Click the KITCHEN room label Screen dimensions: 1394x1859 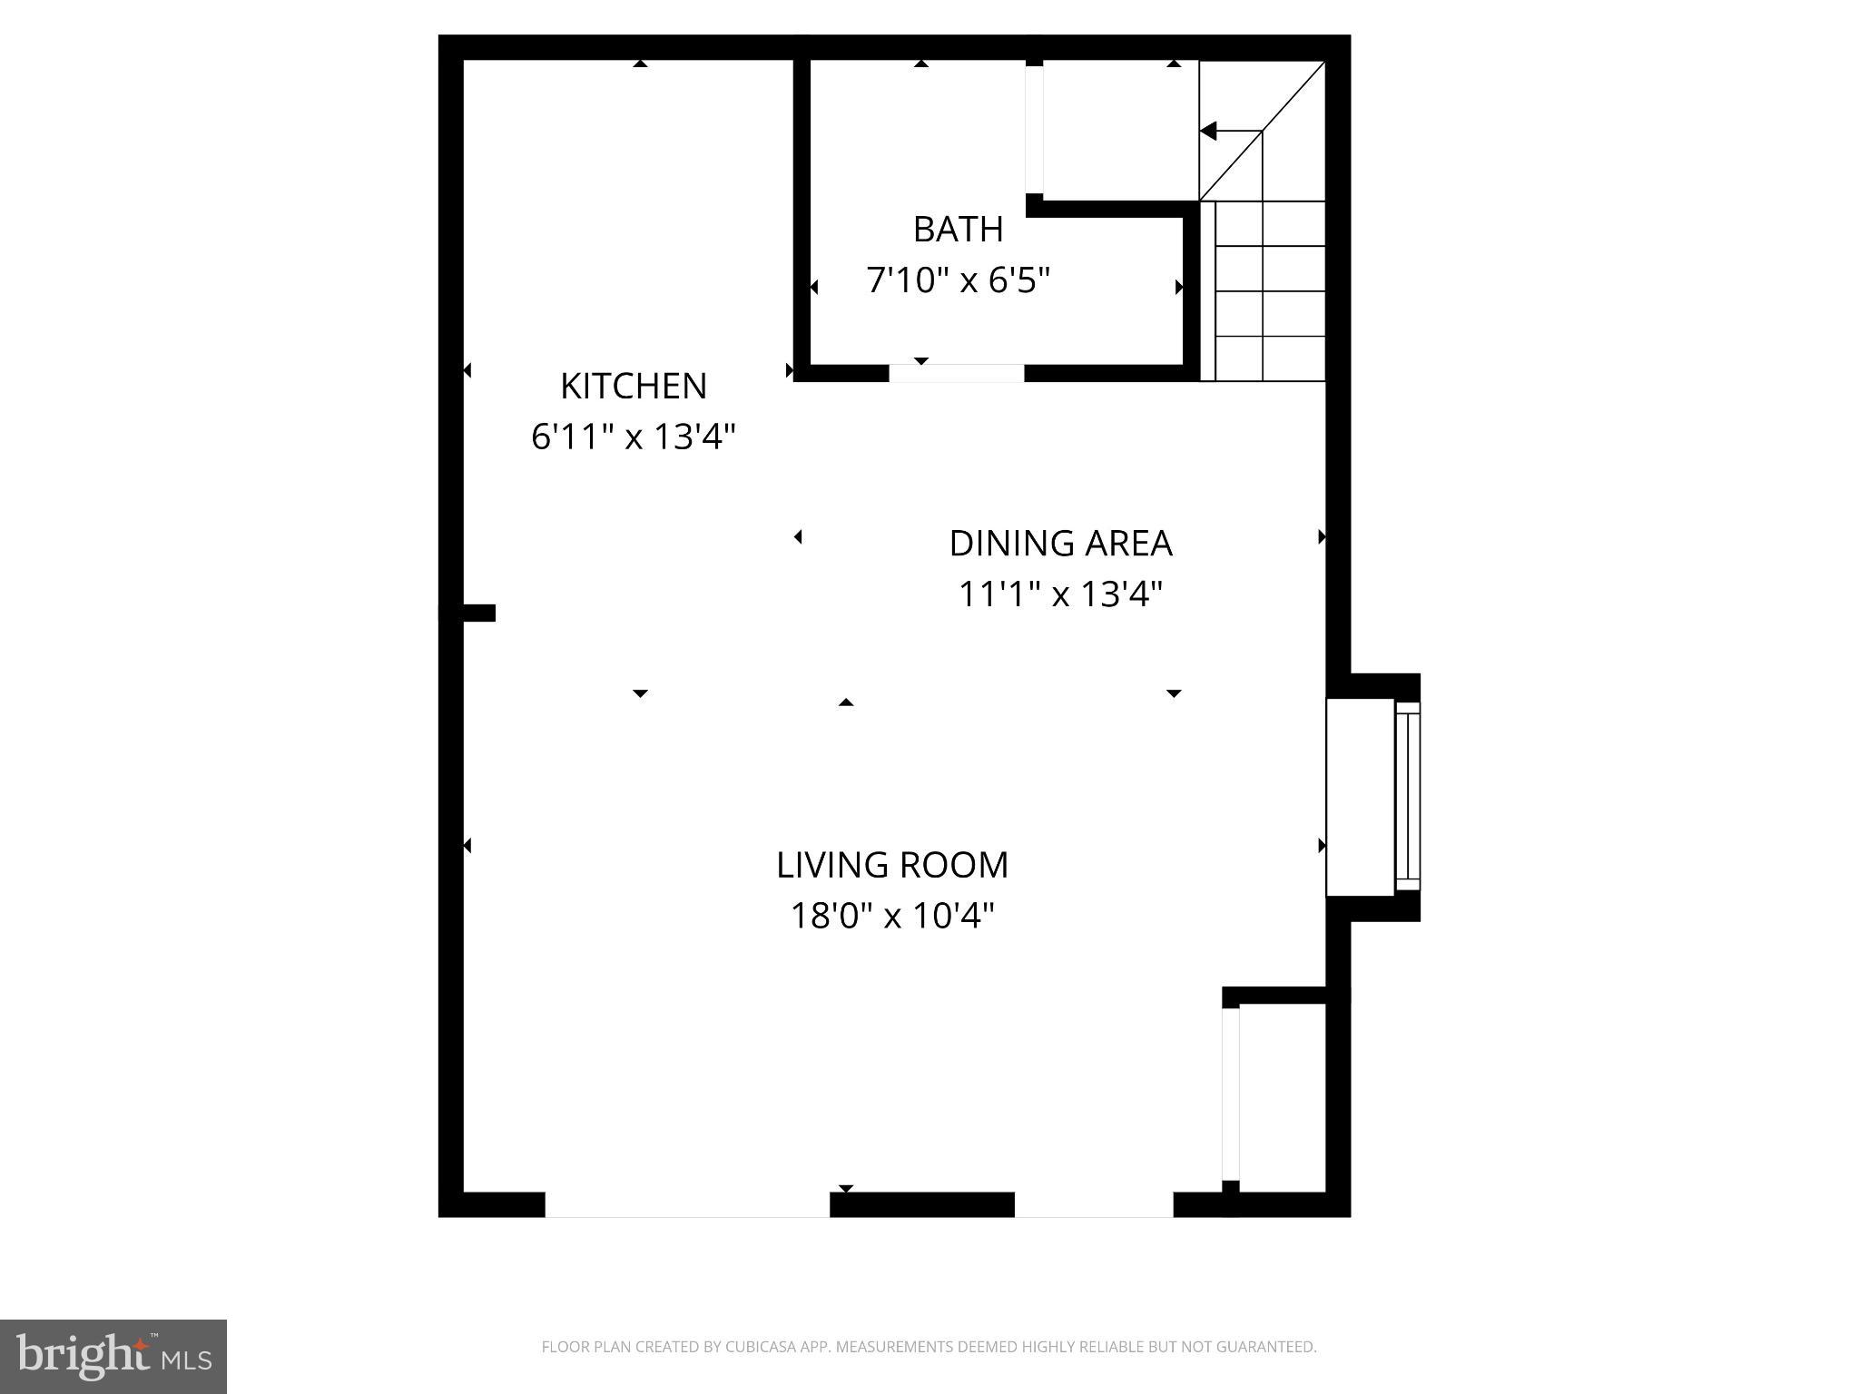[633, 387]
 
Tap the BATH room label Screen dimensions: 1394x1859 [958, 230]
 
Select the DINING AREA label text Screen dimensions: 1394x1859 [1060, 544]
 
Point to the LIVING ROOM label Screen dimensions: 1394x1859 [892, 865]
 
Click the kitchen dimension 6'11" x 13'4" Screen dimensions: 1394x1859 [633, 437]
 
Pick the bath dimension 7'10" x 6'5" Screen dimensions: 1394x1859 [958, 280]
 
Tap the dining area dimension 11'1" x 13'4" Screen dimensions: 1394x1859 [1060, 594]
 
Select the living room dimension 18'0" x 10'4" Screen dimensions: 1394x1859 [892, 916]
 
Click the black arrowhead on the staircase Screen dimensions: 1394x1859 [1208, 132]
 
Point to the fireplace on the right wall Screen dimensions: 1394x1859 [1371, 797]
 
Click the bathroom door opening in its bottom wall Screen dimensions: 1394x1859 [956, 373]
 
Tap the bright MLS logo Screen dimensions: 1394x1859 [113, 1357]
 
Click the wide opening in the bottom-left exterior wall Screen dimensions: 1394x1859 [687, 1204]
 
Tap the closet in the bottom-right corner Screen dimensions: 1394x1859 [1282, 1097]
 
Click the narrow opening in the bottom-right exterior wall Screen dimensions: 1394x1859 [1093, 1204]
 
